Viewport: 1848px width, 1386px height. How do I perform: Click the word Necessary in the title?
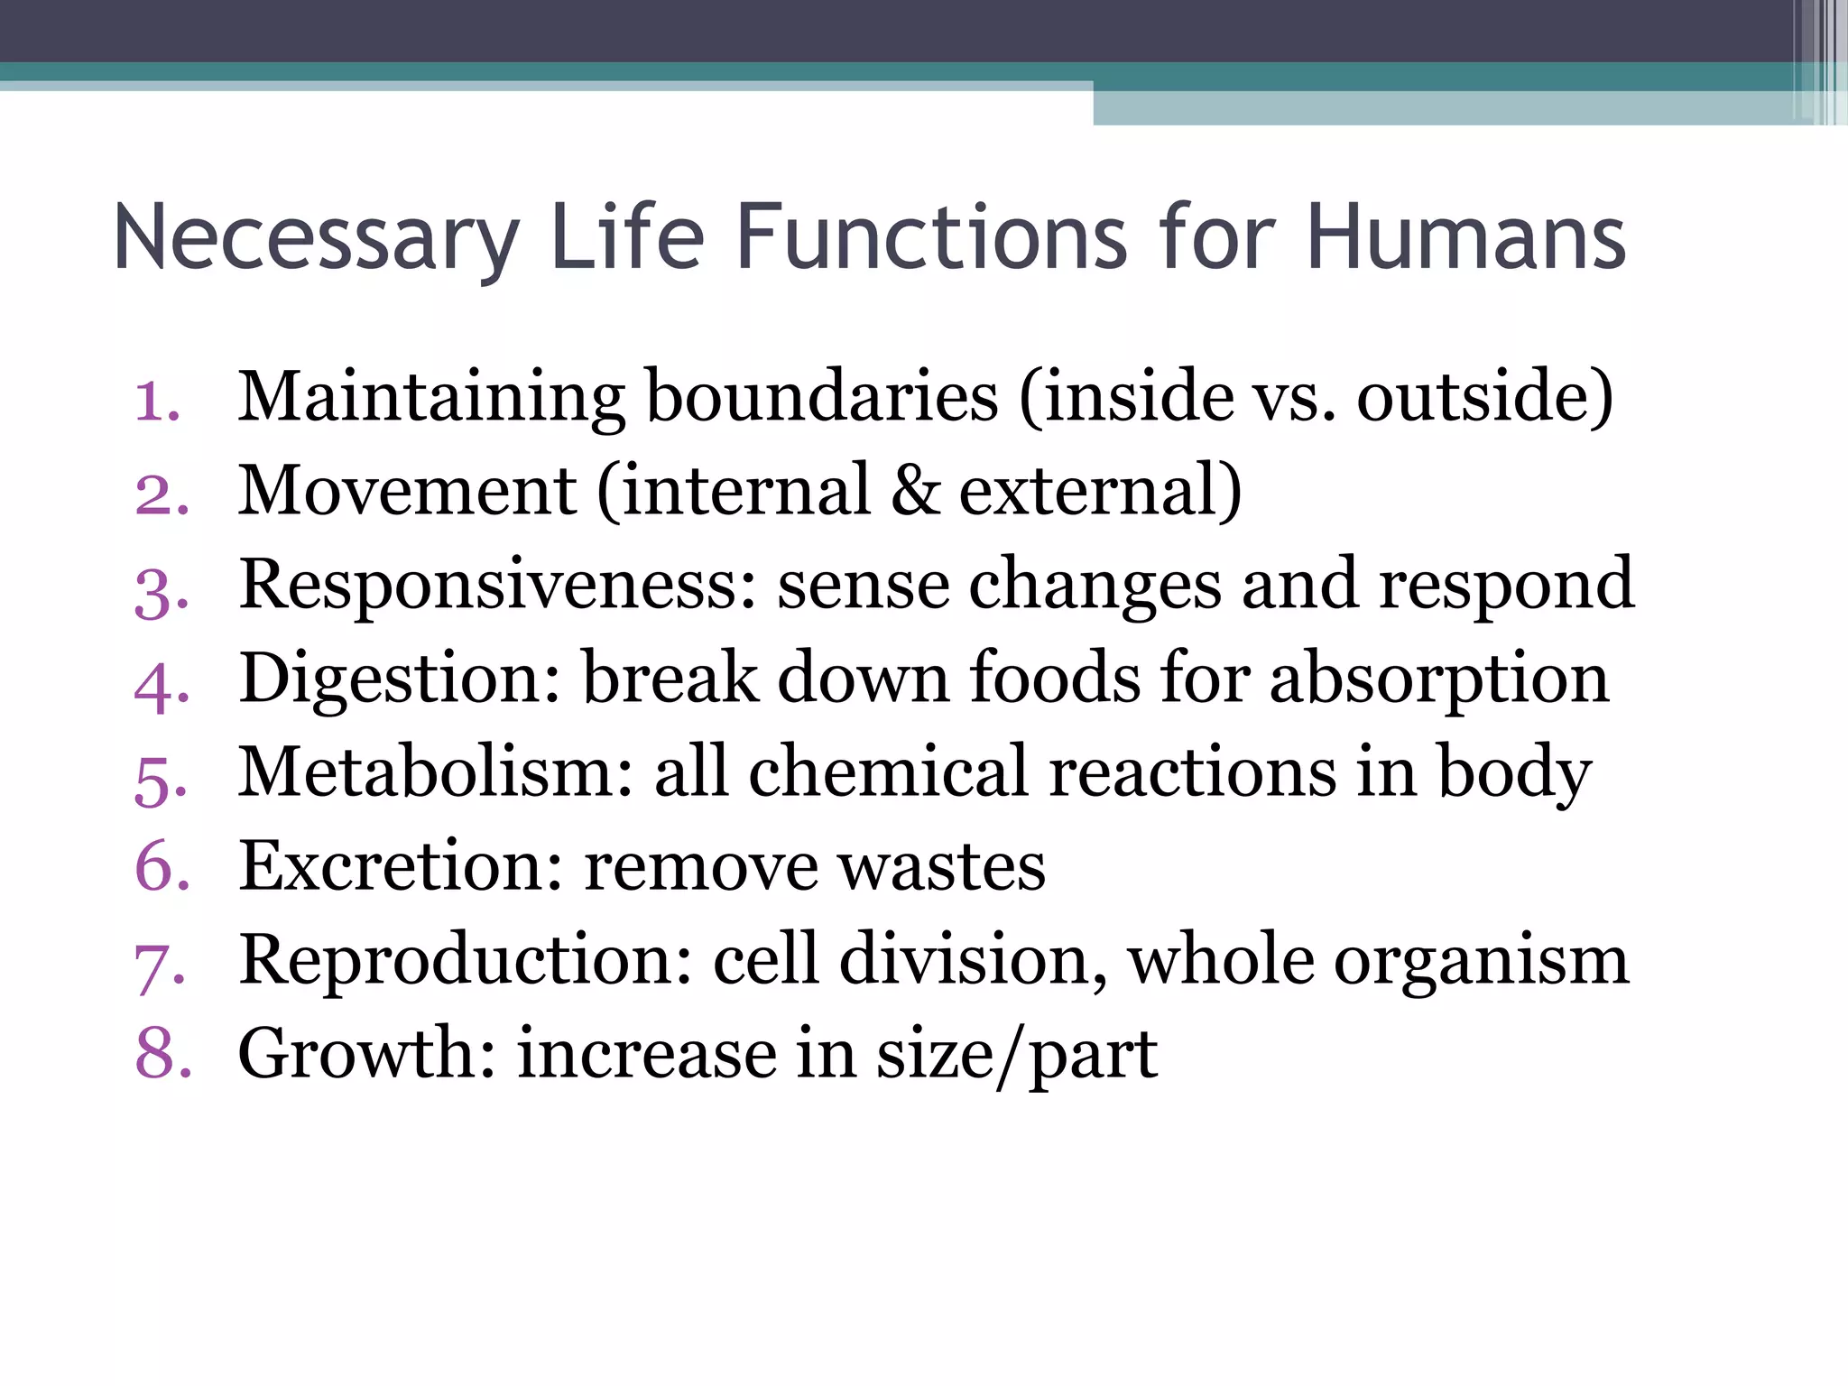316,238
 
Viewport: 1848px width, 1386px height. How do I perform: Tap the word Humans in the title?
1465,238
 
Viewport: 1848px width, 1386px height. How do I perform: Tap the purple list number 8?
163,1054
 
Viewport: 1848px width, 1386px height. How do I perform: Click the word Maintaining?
431,398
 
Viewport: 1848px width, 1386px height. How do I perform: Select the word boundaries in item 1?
822,398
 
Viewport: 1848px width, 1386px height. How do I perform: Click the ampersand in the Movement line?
915,491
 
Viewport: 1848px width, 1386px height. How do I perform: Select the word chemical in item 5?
888,772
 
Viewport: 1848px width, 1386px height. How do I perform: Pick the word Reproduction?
466,960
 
